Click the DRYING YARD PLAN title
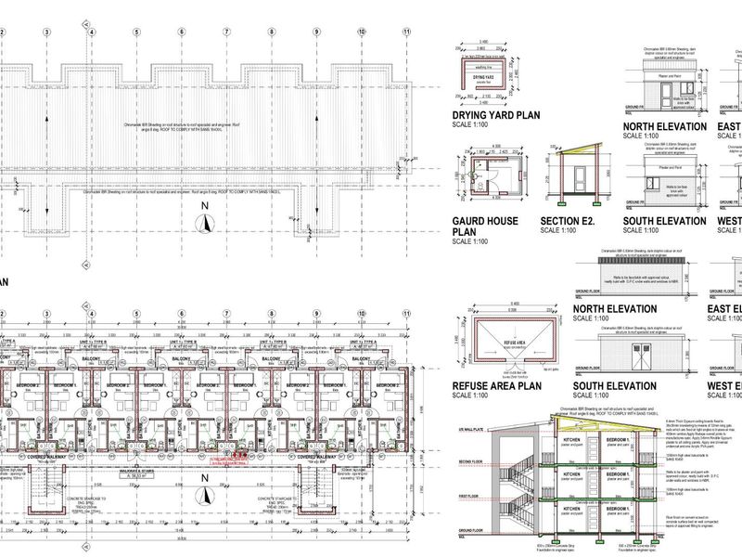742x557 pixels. pyautogui.click(x=495, y=115)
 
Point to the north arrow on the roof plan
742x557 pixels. pyautogui.click(x=209, y=222)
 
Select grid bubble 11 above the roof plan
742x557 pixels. pyautogui.click(x=406, y=31)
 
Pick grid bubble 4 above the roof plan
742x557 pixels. pyautogui.click(x=91, y=31)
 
